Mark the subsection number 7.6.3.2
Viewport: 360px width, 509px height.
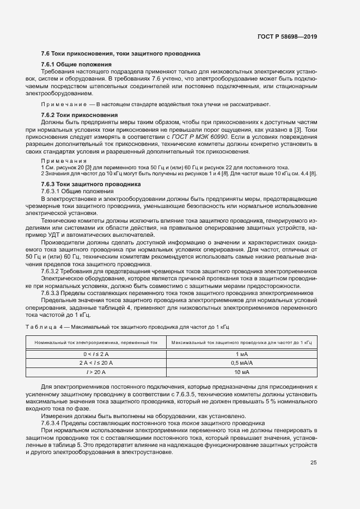[x=53, y=271]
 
